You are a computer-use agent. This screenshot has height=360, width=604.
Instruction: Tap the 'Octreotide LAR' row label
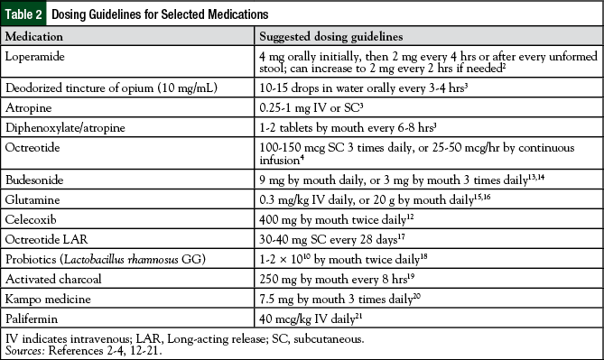click(x=44, y=244)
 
